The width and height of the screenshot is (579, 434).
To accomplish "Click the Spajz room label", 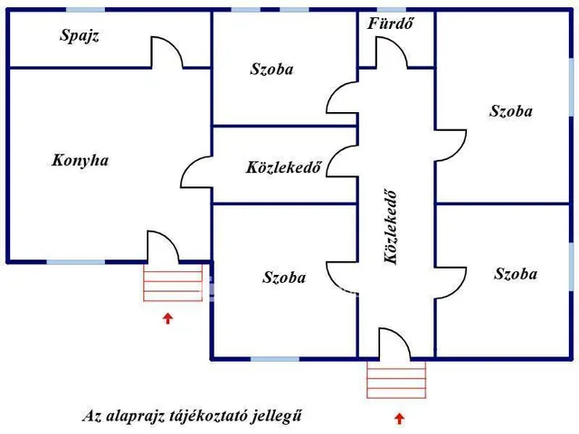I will tap(79, 36).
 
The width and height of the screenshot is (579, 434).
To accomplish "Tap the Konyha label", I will tap(81, 161).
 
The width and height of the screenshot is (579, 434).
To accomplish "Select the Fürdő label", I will tap(391, 24).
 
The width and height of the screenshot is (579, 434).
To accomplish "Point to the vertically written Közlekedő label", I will tap(391, 227).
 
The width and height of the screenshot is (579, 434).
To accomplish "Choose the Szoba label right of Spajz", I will tap(272, 69).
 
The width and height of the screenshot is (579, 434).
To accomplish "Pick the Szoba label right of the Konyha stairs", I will tap(284, 278).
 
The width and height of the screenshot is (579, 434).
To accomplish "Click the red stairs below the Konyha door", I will tap(173, 282).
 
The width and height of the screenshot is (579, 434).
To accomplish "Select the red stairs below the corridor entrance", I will tap(396, 379).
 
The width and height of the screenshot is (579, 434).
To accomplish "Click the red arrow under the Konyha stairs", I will tap(166, 317).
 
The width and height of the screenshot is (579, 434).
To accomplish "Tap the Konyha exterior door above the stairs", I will tap(162, 246).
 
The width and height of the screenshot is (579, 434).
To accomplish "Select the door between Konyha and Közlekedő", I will tap(197, 167).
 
